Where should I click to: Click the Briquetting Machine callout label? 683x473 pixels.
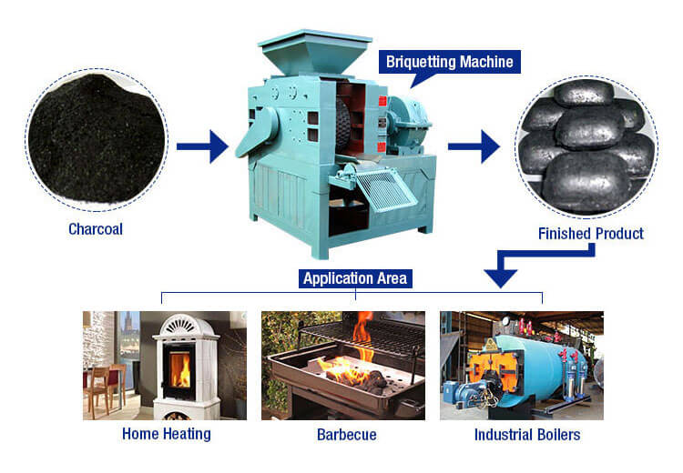[x=449, y=62]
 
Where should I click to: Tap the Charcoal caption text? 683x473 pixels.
[x=96, y=229]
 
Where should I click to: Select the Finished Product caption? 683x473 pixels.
[x=590, y=234]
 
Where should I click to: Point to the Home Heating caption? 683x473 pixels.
[x=166, y=434]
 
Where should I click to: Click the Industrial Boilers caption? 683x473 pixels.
[x=527, y=434]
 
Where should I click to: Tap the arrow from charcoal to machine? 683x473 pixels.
[x=202, y=146]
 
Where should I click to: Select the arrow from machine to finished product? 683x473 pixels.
[x=474, y=146]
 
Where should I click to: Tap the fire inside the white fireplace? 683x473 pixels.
[x=181, y=369]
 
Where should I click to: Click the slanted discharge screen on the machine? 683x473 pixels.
[x=383, y=191]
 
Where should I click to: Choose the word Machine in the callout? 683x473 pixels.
[x=487, y=62]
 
